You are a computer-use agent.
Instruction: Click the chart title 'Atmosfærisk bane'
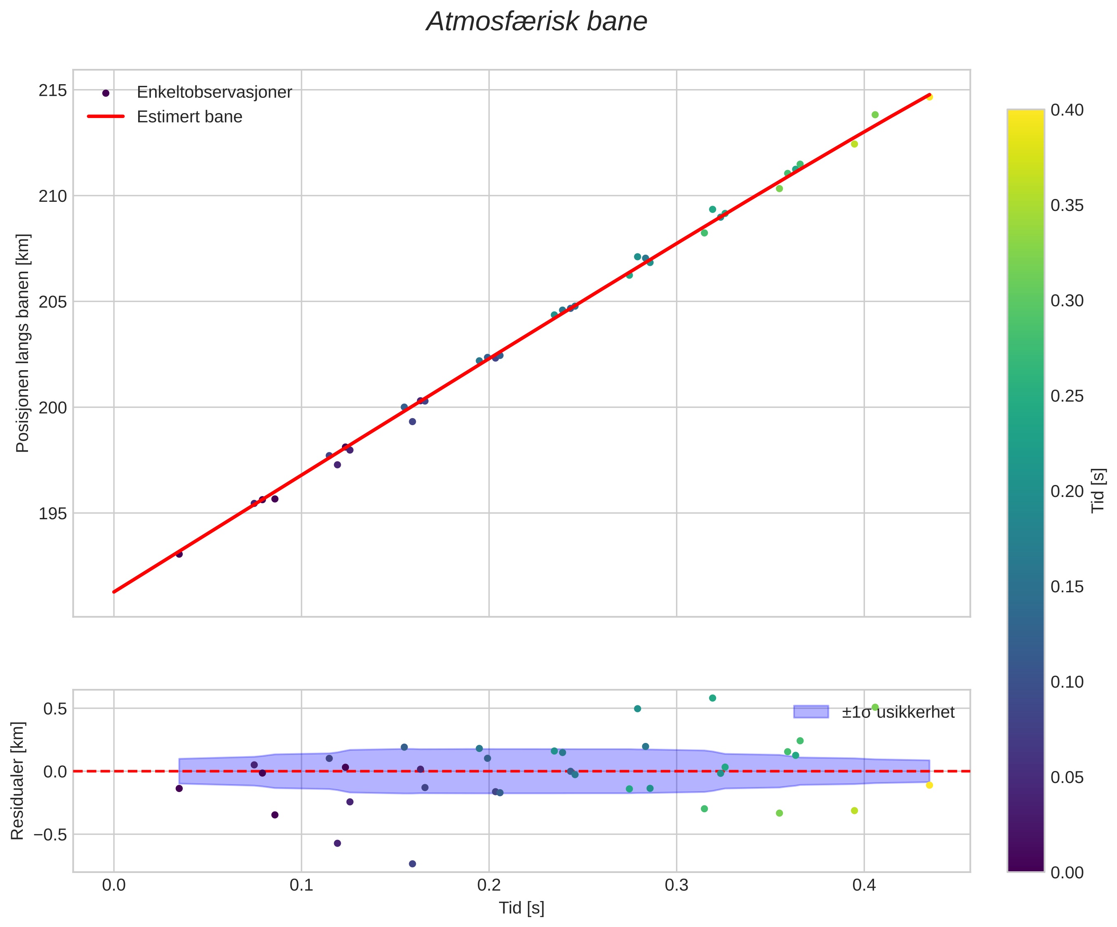tap(537, 22)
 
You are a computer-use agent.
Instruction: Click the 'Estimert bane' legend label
tap(189, 117)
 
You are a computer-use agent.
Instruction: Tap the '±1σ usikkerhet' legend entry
tap(898, 712)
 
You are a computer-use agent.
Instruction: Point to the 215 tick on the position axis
tap(53, 91)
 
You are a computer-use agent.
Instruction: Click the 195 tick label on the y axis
tap(53, 514)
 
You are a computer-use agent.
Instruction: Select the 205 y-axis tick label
tap(53, 302)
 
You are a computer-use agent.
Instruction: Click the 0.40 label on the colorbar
tap(1067, 110)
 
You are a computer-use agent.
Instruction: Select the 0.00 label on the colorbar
tap(1067, 873)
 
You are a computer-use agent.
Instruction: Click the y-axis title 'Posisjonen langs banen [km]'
tap(23, 343)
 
